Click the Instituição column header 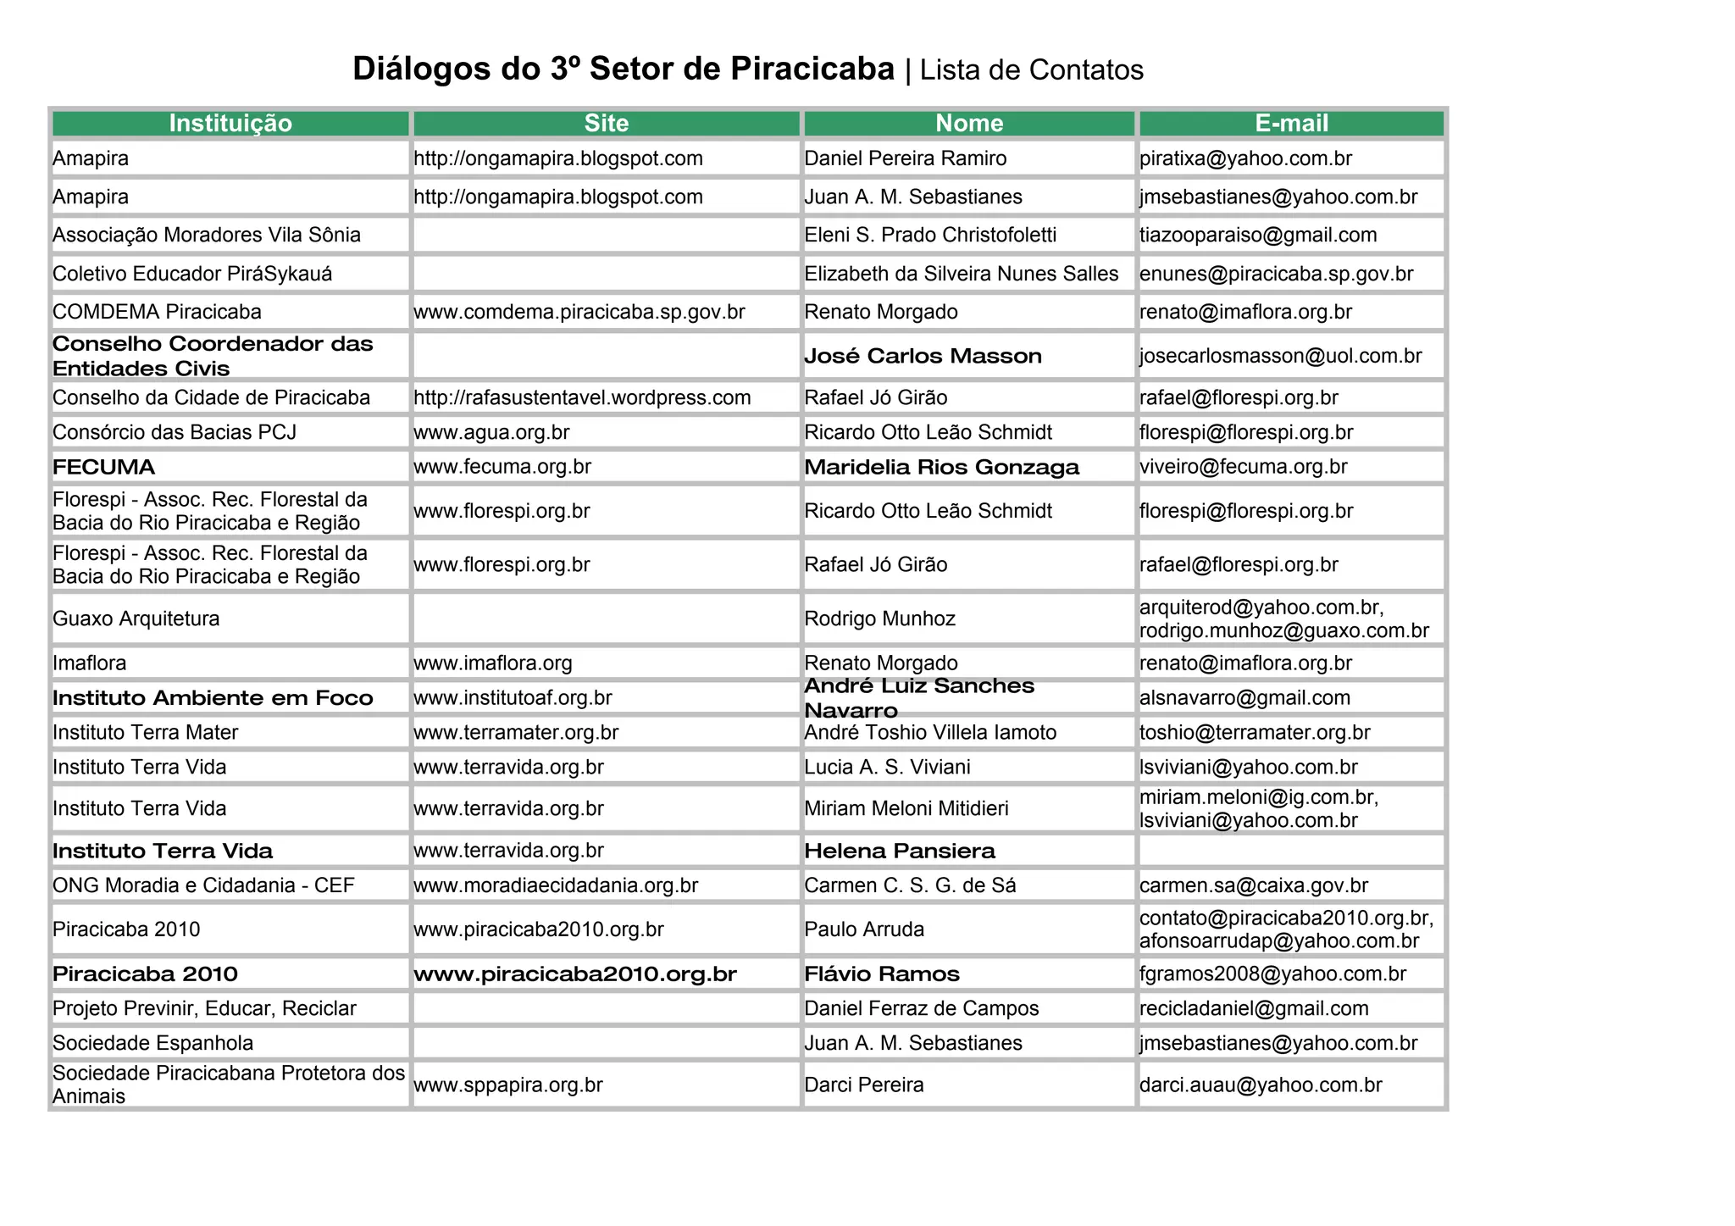click(x=230, y=124)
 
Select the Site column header click(x=606, y=124)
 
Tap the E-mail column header click(x=1291, y=124)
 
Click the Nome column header click(x=969, y=124)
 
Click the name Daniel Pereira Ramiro click(x=905, y=158)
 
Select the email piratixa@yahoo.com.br click(x=1245, y=158)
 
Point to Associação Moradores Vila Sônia click(x=207, y=235)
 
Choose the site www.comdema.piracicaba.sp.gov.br click(x=579, y=312)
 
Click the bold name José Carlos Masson click(x=923, y=356)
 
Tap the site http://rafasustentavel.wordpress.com click(x=582, y=397)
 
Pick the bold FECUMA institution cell click(x=104, y=467)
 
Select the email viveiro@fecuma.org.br click(x=1243, y=467)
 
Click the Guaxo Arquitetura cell click(x=136, y=619)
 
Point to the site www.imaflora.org click(x=493, y=663)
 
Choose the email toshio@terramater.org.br click(x=1255, y=732)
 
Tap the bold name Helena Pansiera click(x=900, y=851)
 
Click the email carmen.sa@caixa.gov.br click(x=1254, y=885)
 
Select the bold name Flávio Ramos click(x=882, y=974)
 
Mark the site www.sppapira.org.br click(x=508, y=1085)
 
